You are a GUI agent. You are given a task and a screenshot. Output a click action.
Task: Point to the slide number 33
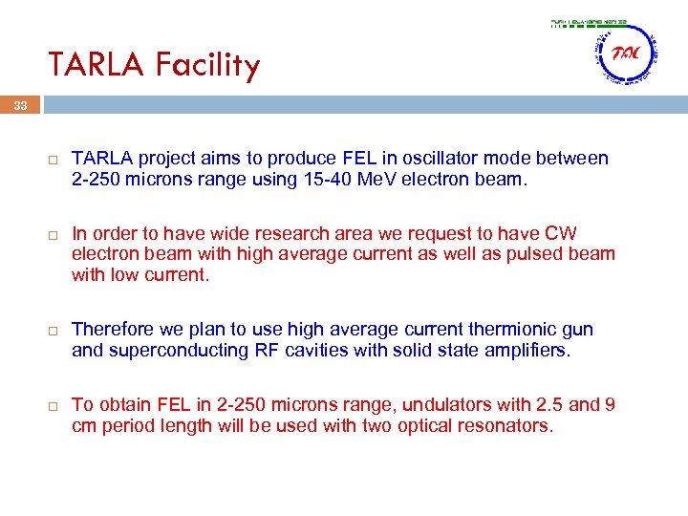pos(20,106)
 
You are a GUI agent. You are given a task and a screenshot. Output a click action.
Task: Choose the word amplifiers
pos(526,351)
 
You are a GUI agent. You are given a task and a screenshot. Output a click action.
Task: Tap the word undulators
pos(425,405)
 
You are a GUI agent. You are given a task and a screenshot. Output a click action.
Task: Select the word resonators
pos(503,426)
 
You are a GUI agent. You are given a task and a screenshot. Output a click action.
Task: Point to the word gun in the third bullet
pos(577,330)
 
